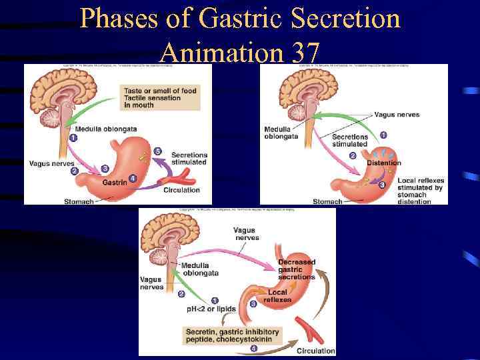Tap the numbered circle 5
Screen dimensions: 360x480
(158, 151)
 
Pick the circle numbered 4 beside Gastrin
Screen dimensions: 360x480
(133, 179)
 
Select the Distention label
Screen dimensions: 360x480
(383, 163)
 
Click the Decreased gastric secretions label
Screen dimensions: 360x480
(297, 269)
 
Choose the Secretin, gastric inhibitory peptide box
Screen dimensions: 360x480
(232, 335)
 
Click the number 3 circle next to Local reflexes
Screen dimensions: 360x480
(253, 304)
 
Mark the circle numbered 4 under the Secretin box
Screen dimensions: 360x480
(253, 347)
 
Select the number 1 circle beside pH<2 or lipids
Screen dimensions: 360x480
(215, 300)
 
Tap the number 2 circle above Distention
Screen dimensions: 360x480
(353, 156)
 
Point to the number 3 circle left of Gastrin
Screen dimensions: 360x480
(105, 168)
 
